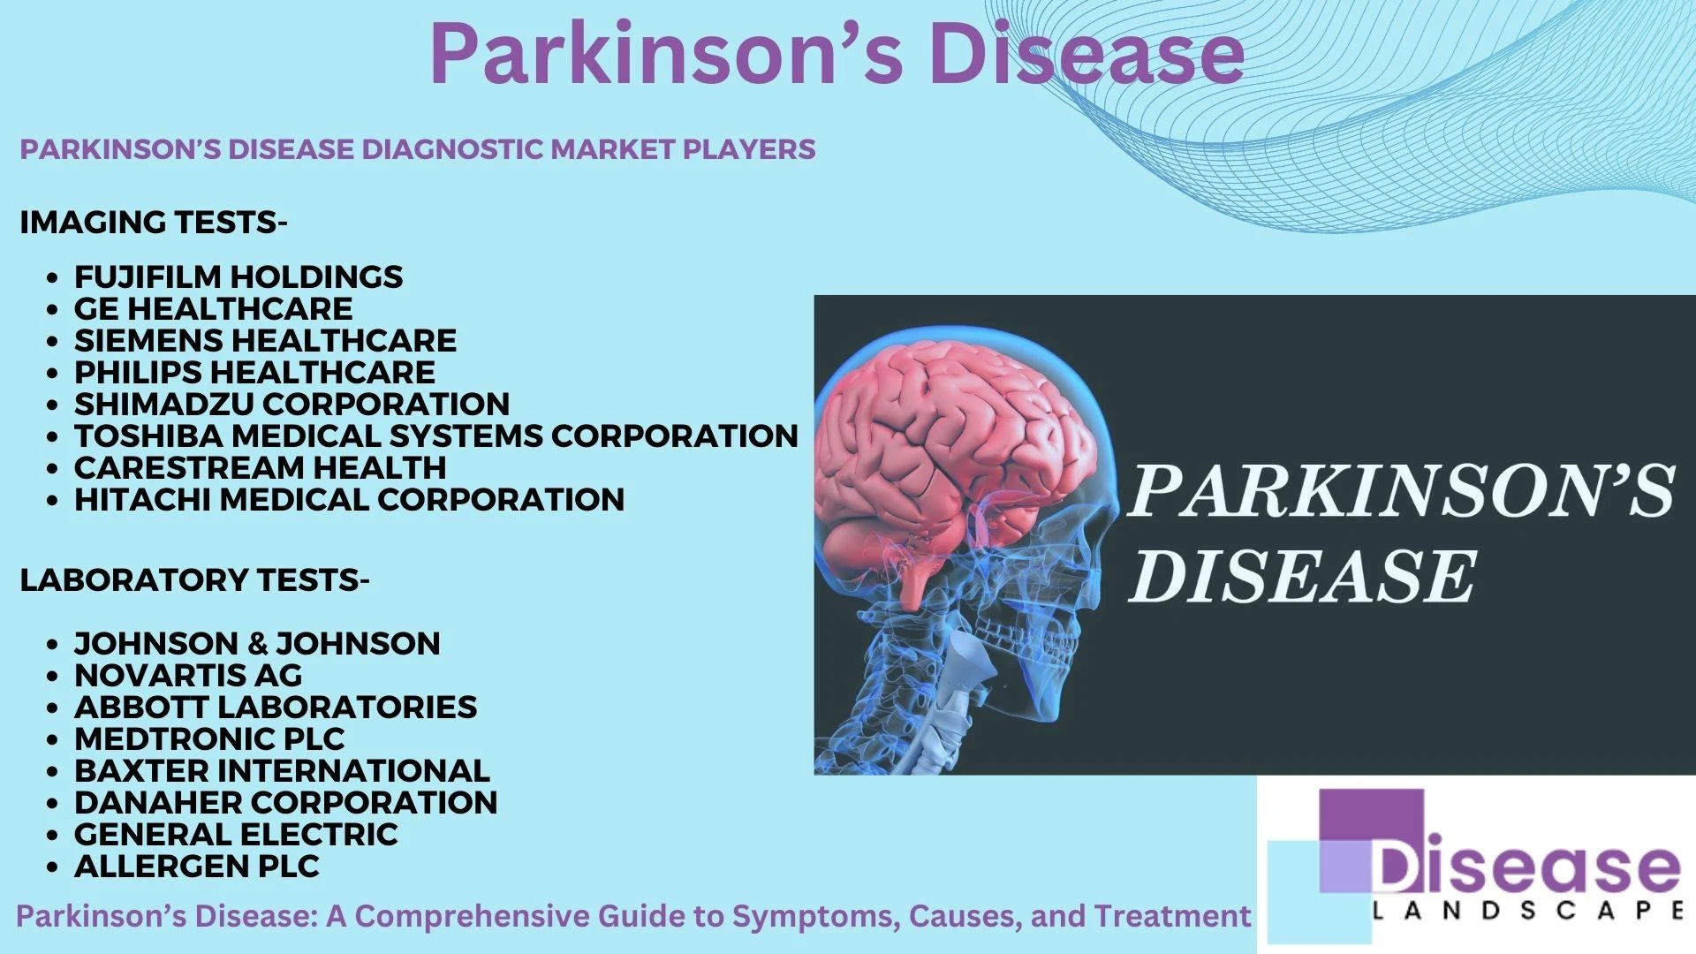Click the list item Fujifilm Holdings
(238, 277)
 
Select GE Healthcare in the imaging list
(213, 309)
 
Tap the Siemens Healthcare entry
(265, 341)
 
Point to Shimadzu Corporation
(291, 405)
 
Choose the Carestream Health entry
(260, 468)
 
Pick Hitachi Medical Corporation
(349, 500)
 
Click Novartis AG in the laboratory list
(188, 676)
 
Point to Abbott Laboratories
(276, 708)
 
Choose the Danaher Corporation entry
(285, 803)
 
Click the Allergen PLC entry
(197, 867)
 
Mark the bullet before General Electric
(55, 836)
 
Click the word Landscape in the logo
(1526, 911)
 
